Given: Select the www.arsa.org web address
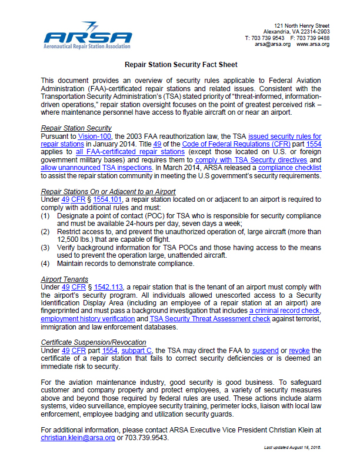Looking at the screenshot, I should point(313,44).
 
